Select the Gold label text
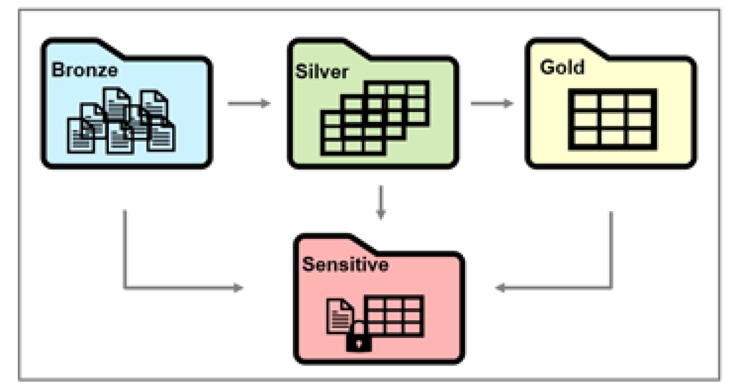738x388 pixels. tap(562, 67)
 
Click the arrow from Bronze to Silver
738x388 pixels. tap(249, 103)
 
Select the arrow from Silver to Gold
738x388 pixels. tap(492, 103)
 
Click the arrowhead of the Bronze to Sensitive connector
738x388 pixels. tap(237, 288)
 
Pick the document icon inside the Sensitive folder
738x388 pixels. tap(338, 315)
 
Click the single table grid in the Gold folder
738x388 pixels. tap(613, 119)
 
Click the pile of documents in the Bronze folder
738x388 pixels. tap(121, 120)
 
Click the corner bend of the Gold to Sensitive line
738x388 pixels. tap(611, 288)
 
